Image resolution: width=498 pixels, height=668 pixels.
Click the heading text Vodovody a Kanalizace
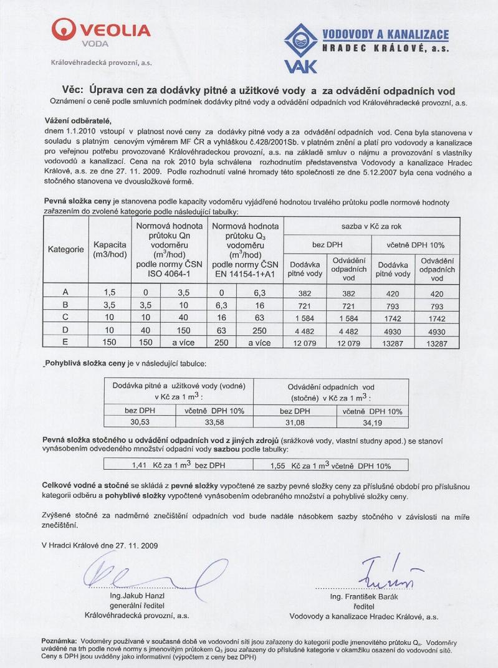[x=385, y=34]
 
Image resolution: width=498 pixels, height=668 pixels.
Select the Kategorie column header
[x=66, y=249]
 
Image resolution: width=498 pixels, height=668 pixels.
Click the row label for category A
[x=66, y=292]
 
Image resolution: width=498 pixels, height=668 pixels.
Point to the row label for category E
[x=66, y=341]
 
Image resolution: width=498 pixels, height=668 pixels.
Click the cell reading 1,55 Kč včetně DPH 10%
[x=331, y=465]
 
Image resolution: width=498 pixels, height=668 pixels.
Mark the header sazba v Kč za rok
[x=371, y=225]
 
